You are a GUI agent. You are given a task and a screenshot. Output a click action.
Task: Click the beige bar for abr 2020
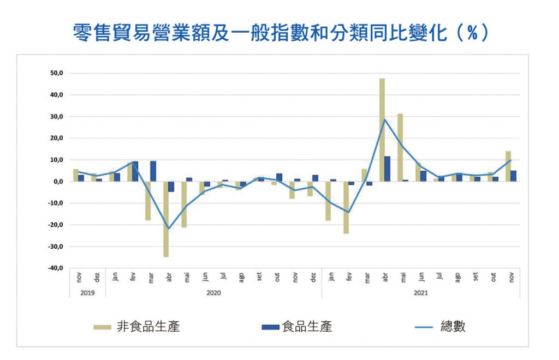tap(166, 219)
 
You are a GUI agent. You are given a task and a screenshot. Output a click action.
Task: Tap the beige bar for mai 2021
tap(400, 147)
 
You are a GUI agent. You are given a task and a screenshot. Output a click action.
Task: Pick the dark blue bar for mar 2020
tap(153, 171)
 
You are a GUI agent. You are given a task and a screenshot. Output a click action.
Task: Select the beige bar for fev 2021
tap(346, 207)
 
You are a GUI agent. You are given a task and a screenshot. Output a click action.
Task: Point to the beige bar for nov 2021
tap(508, 166)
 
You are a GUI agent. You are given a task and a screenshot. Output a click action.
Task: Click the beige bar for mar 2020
tap(148, 201)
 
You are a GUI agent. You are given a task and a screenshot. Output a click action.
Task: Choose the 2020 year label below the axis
tap(214, 293)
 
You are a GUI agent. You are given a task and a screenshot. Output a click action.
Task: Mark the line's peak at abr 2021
tap(385, 119)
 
